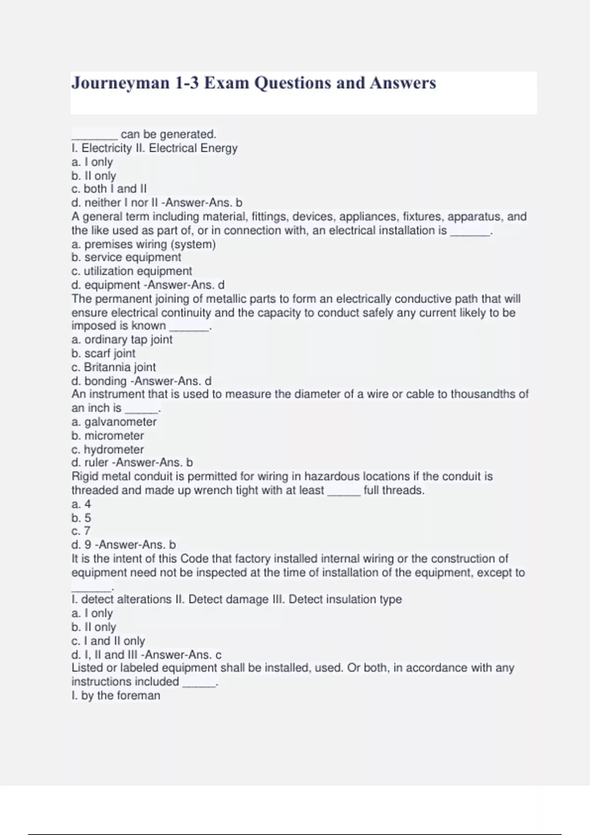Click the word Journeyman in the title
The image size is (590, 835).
point(120,83)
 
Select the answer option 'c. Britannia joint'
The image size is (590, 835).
point(114,367)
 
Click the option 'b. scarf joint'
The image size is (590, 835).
point(103,353)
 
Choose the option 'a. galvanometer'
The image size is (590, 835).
point(114,421)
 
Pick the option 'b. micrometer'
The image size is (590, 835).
point(108,435)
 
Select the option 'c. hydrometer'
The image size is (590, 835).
point(108,449)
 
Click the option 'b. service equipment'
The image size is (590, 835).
point(126,257)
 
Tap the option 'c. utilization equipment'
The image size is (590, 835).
point(132,271)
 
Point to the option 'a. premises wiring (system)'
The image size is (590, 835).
point(144,244)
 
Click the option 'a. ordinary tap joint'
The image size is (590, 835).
point(122,339)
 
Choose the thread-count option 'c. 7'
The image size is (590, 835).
point(81,531)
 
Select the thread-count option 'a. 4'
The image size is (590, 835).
point(81,504)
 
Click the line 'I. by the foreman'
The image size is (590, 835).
point(116,695)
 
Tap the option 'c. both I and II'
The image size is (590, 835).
point(109,189)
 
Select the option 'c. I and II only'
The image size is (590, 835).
point(108,640)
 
